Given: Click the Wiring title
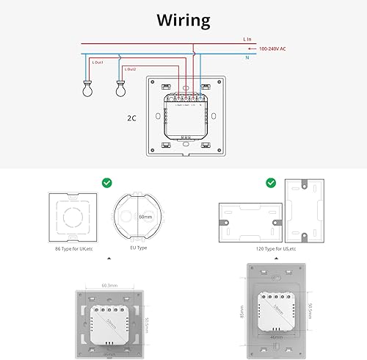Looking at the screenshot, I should [183, 19].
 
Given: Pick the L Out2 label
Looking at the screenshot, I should [131, 69].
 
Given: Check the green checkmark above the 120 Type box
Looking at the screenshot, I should [269, 182].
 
